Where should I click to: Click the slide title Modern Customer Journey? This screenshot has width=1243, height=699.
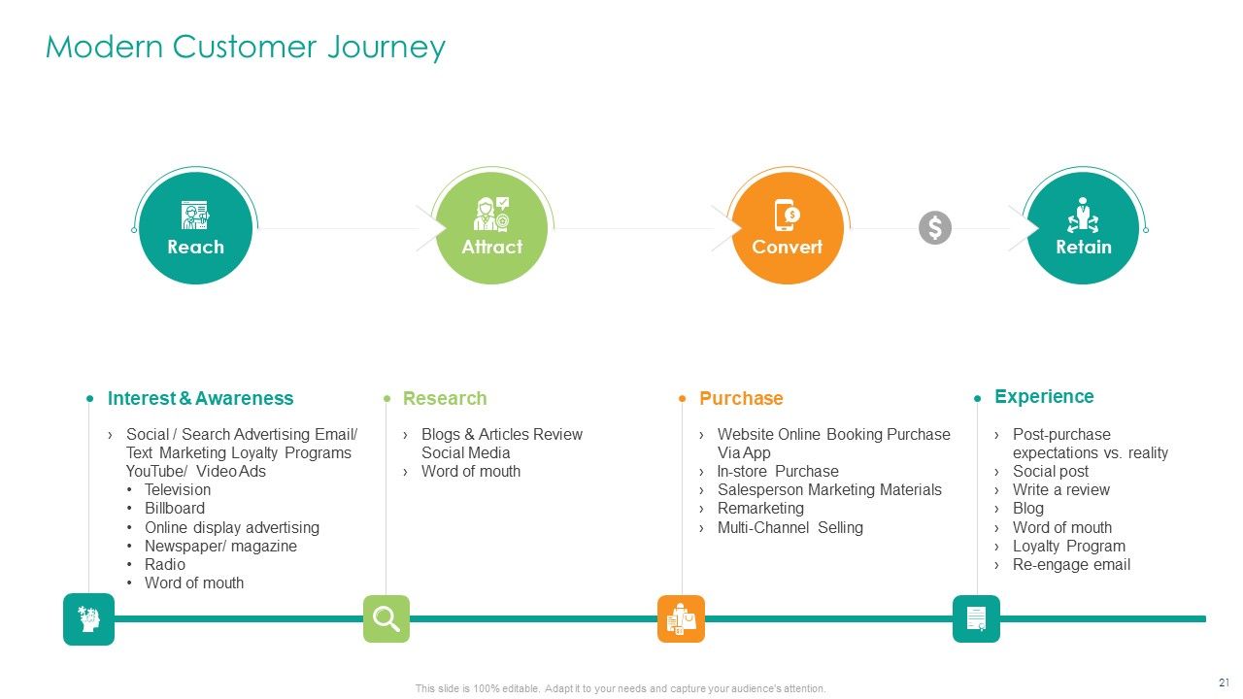(246, 47)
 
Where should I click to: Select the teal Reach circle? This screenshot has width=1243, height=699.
(195, 228)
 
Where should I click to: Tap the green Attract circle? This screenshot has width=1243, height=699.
(491, 228)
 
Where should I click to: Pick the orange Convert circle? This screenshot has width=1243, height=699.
(787, 228)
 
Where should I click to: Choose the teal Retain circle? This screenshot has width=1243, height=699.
(1083, 228)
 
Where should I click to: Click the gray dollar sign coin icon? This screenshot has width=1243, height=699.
(935, 228)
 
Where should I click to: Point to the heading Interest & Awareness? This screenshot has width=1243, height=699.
(200, 398)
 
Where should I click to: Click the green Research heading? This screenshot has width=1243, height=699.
(445, 398)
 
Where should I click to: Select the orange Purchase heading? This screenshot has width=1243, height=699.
(741, 398)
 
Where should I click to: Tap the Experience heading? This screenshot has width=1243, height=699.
(1044, 396)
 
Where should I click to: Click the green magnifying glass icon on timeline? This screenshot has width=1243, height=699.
(386, 618)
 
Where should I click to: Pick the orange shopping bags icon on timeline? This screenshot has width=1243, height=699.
(681, 618)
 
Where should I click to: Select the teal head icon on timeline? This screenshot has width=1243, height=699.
(88, 618)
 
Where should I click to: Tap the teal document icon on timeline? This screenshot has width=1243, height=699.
(976, 618)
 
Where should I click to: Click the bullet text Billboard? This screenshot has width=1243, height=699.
(175, 509)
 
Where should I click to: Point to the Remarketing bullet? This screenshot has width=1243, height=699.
(760, 509)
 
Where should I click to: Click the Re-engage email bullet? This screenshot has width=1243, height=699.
(1071, 565)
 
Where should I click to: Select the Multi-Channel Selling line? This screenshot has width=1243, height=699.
(789, 528)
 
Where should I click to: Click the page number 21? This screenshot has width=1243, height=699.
(1224, 682)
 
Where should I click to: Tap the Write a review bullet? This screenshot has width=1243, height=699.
(1060, 490)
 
